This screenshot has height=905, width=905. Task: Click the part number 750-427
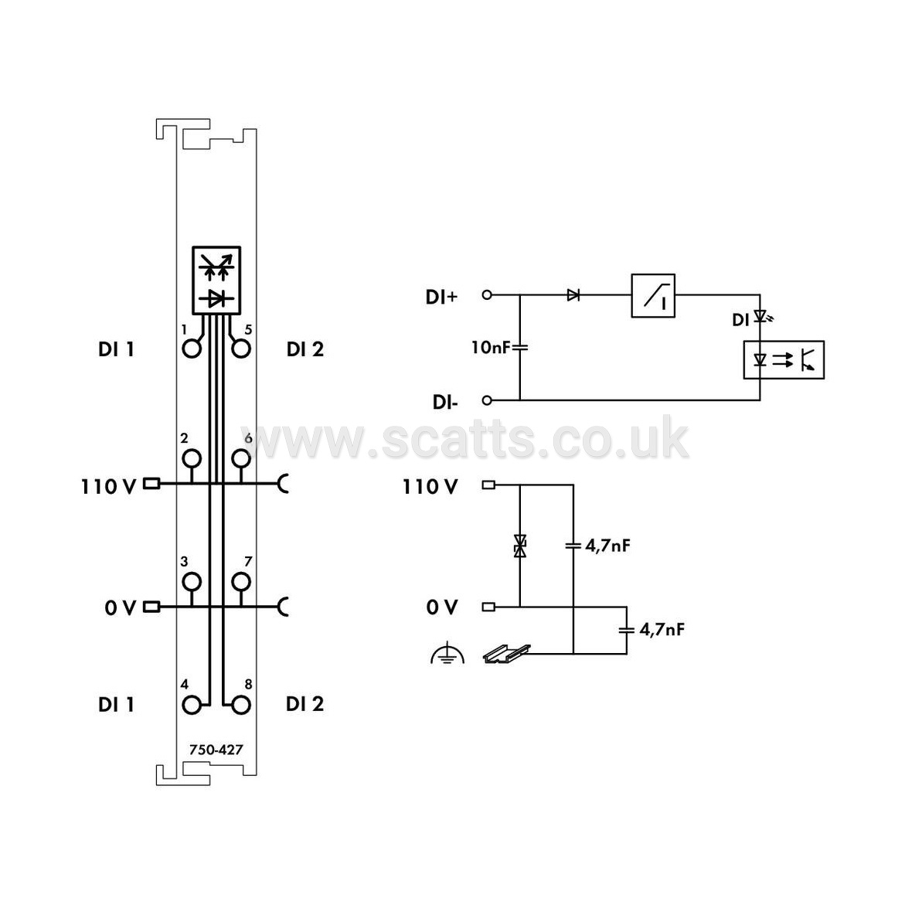pyautogui.click(x=216, y=750)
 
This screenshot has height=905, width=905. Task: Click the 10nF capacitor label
pyautogui.click(x=492, y=348)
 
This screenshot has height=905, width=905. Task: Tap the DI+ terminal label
pyautogui.click(x=441, y=297)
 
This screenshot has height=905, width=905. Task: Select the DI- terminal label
pyautogui.click(x=445, y=403)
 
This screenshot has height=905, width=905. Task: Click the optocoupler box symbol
pyautogui.click(x=784, y=360)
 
